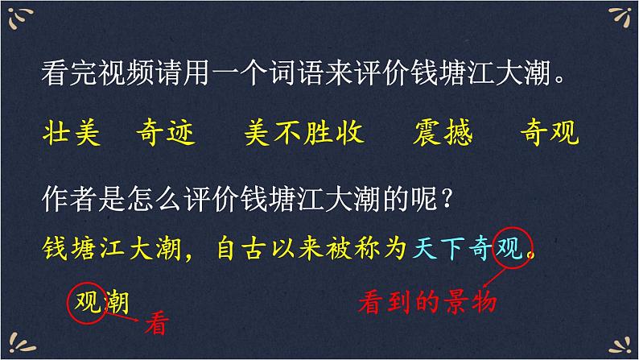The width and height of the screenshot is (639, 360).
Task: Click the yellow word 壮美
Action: (70, 133)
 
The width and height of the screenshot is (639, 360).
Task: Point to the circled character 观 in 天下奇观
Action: (513, 248)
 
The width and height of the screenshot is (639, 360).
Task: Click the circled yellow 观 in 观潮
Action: (87, 303)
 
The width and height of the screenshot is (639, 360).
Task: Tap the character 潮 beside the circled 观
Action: (118, 303)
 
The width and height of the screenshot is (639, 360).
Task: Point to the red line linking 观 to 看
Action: (121, 317)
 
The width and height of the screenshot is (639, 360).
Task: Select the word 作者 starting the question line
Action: (66, 197)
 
